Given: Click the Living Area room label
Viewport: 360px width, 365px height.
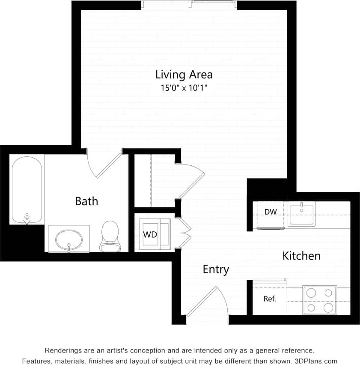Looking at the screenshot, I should [x=184, y=75].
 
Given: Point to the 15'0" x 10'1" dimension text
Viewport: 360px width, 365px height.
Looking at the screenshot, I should [x=184, y=88].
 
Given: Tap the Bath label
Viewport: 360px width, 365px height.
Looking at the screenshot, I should [x=86, y=201].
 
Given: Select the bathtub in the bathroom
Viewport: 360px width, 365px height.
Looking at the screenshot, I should [x=27, y=189].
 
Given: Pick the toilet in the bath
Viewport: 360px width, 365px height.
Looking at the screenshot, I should [x=110, y=236].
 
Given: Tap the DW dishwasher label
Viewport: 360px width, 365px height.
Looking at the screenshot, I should [x=270, y=212].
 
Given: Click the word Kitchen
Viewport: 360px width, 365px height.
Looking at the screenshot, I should [x=301, y=256].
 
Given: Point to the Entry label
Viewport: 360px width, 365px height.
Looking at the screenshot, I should [x=216, y=269].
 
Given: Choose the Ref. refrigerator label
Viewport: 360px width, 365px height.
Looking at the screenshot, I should [x=270, y=299].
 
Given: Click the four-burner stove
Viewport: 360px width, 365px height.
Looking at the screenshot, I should [x=319, y=300].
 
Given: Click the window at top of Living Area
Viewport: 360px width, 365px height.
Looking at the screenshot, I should [x=189, y=4].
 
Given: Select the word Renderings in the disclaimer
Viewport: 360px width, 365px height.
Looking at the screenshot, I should [x=63, y=350].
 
